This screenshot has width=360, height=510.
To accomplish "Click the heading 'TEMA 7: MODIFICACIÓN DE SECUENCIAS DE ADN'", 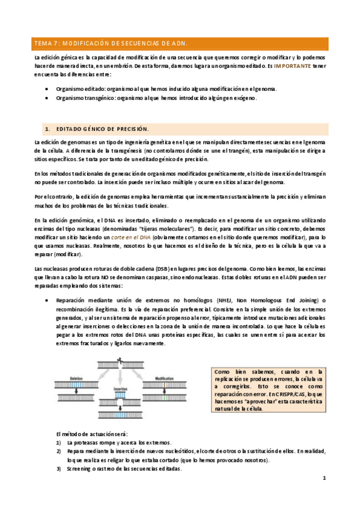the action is click(x=112, y=44).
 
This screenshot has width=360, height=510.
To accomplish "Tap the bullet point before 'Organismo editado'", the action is click(x=47, y=88).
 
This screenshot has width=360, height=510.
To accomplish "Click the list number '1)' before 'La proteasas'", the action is click(x=58, y=441).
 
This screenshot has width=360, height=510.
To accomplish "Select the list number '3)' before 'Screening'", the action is click(x=58, y=469).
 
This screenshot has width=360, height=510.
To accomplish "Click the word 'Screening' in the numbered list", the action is click(x=79, y=469).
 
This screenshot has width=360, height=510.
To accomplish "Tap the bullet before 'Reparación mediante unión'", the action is click(x=47, y=301).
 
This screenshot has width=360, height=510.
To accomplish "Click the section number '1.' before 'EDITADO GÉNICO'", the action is click(x=47, y=129).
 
